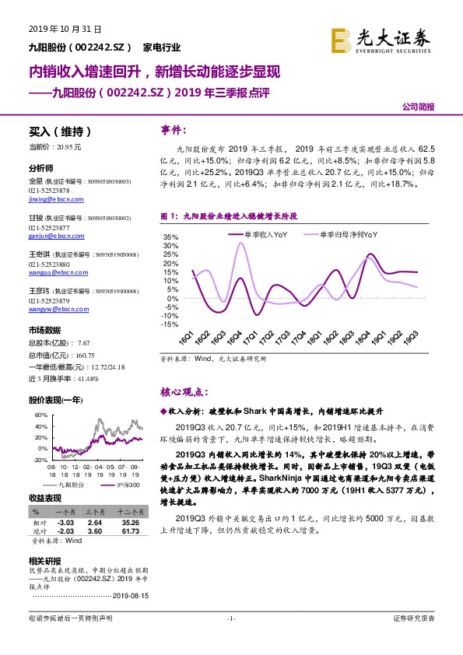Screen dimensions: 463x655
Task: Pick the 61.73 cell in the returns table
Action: (x=128, y=529)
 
